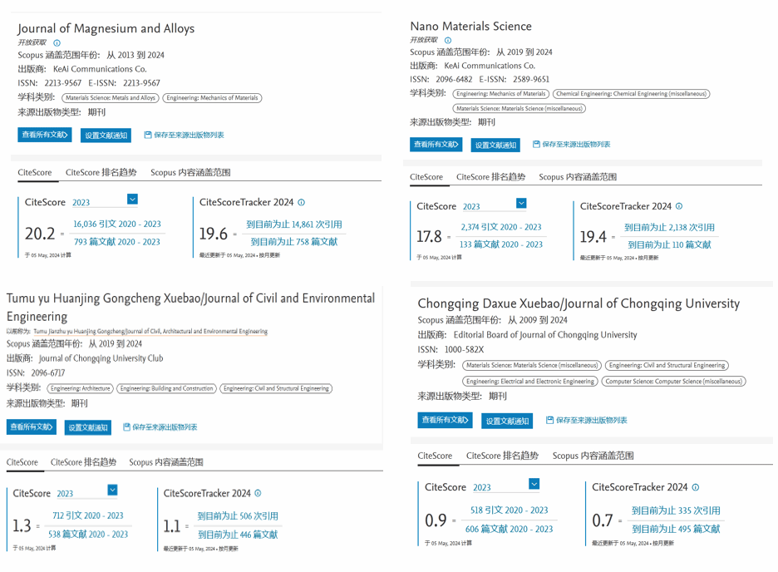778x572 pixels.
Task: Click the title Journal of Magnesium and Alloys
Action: pyautogui.click(x=106, y=28)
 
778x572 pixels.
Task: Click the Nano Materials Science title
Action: pyautogui.click(x=470, y=26)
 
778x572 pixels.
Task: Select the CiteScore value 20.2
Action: pyautogui.click(x=40, y=234)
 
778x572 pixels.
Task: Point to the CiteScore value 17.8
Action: pyautogui.click(x=429, y=237)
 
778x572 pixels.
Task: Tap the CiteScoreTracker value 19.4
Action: pyautogui.click(x=593, y=237)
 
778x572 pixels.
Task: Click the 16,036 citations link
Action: pyautogui.click(x=117, y=224)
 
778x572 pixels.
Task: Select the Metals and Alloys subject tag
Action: pyautogui.click(x=111, y=98)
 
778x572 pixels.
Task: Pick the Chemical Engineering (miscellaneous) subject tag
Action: pyautogui.click(x=631, y=94)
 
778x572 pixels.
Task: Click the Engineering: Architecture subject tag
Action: pyautogui.click(x=81, y=388)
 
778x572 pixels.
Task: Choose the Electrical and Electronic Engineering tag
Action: pyautogui.click(x=530, y=382)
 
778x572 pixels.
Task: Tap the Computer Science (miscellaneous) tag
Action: pyautogui.click(x=673, y=382)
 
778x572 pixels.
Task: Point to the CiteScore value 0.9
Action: pyautogui.click(x=436, y=520)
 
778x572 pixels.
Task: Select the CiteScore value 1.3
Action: pyautogui.click(x=22, y=525)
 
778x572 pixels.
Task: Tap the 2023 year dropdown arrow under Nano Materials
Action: pyautogui.click(x=521, y=204)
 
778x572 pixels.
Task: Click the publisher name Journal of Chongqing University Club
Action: pyautogui.click(x=101, y=358)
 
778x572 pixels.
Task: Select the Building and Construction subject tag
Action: pyautogui.click(x=166, y=388)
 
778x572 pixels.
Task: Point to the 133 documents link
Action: pyautogui.click(x=500, y=244)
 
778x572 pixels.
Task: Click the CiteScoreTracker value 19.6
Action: pyautogui.click(x=212, y=234)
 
